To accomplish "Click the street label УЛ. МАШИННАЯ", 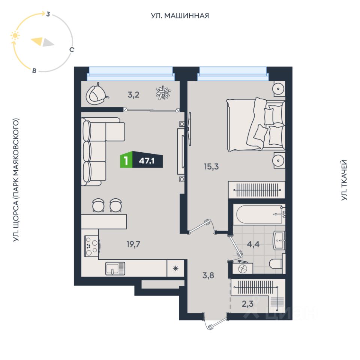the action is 180,16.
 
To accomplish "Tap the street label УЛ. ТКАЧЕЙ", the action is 344,180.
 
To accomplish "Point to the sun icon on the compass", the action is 15,36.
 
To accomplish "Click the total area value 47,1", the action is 147,161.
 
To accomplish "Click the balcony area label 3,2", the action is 133,94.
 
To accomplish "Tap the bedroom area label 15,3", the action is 211,166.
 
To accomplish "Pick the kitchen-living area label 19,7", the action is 133,244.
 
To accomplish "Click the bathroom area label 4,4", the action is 253,244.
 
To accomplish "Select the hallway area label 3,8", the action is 208,275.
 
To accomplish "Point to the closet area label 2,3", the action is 247,304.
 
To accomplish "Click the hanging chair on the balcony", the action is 96,94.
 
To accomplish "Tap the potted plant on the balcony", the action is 163,93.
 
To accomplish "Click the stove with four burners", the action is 91,246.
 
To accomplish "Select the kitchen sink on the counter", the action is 115,268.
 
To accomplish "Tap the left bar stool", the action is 98,205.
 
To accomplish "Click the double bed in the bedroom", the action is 256,124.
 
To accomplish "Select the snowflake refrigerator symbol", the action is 175,268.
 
